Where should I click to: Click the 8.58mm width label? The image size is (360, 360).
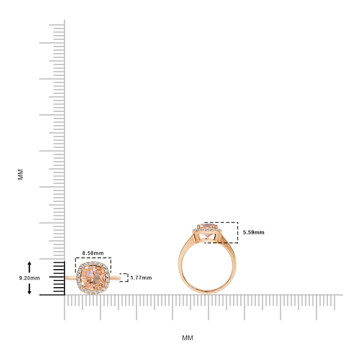tap(93, 253)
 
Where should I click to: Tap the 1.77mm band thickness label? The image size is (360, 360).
tap(141, 278)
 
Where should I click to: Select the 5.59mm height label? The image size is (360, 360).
tap(254, 233)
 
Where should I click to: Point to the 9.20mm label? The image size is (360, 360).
tap(29, 278)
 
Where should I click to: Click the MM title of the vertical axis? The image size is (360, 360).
tap(21, 174)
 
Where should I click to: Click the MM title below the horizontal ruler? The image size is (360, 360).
tap(188, 338)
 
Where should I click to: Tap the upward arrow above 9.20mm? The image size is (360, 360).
tap(29, 267)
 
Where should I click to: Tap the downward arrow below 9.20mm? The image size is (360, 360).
tap(29, 289)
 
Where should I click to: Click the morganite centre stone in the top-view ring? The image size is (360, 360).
tap(93, 278)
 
